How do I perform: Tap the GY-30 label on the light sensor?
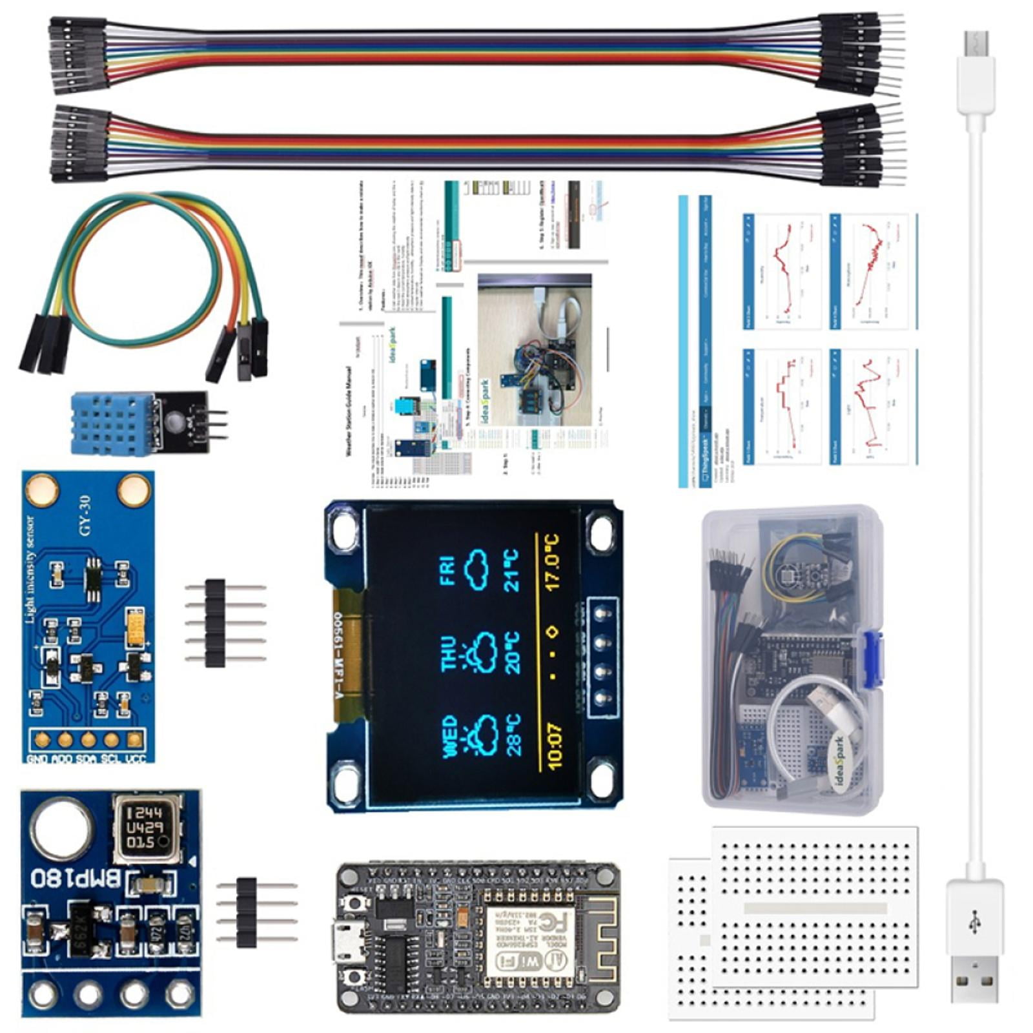(x=85, y=515)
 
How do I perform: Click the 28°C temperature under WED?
(x=514, y=735)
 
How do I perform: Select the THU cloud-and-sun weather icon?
(x=481, y=652)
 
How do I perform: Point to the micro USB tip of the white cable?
(x=976, y=45)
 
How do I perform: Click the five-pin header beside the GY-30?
(x=216, y=623)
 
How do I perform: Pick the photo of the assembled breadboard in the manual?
(x=535, y=352)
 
